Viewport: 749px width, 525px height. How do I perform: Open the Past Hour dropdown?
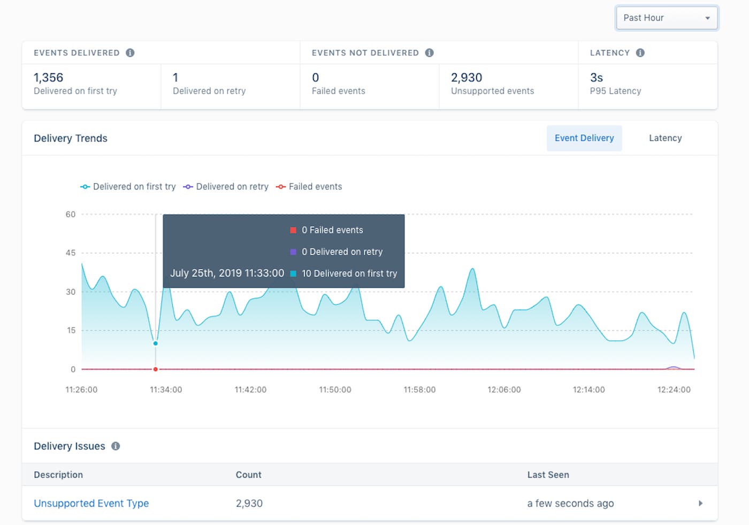point(667,18)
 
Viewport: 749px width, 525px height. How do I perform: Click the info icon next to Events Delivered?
point(130,52)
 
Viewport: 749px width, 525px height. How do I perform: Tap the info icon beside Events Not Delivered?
point(429,52)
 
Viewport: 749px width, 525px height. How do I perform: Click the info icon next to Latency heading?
point(640,52)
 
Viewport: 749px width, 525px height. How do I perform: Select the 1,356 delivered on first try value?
point(49,78)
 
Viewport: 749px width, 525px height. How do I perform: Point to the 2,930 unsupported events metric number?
point(467,78)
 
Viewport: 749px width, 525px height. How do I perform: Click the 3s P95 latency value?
point(597,78)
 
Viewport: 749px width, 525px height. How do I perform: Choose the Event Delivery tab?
point(584,138)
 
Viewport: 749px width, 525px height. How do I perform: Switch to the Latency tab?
point(665,138)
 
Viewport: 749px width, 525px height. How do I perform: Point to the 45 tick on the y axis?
point(71,253)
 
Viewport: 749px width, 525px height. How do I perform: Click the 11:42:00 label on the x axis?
point(250,390)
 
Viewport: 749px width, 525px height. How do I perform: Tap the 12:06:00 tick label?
point(504,390)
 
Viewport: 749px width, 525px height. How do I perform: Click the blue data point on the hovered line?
point(156,343)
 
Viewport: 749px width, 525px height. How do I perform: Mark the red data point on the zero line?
point(156,369)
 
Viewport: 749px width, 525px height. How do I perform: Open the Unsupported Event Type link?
point(91,503)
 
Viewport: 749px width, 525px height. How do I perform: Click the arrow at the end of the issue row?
point(700,503)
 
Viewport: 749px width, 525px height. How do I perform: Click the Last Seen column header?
point(548,475)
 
